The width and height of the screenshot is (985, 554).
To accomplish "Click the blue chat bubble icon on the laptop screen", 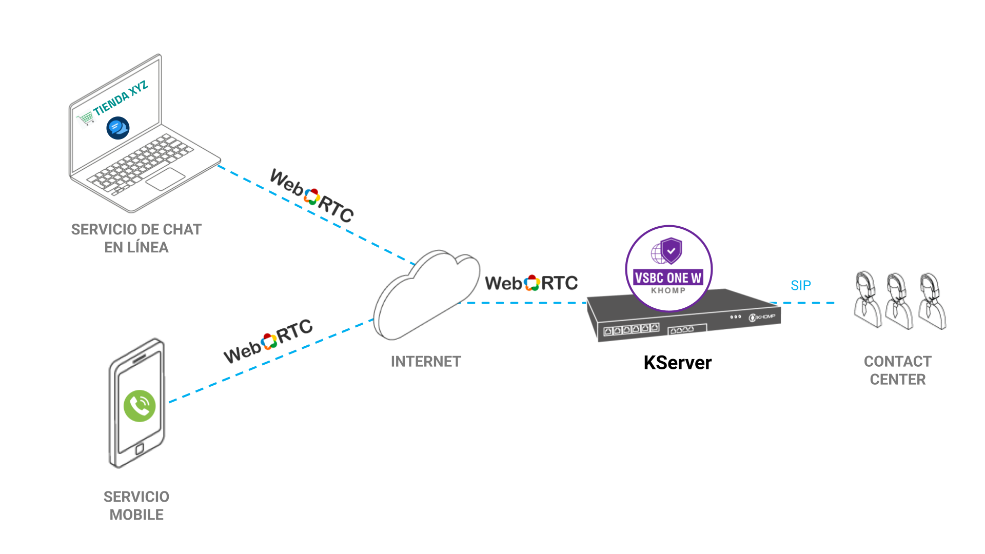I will [118, 128].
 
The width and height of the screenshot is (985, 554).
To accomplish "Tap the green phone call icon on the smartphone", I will [140, 406].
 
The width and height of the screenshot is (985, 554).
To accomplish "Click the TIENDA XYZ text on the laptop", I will [121, 97].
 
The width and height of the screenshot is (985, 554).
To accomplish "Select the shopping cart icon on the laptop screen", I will [86, 118].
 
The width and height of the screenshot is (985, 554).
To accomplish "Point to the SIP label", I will [800, 286].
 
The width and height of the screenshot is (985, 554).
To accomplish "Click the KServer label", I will [677, 363].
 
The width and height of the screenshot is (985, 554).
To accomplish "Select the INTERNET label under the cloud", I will [426, 362].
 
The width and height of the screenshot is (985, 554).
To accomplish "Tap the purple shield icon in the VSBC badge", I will [671, 250].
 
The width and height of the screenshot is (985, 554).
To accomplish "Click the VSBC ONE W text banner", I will [668, 278].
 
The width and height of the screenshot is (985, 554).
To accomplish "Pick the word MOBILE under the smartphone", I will [136, 515].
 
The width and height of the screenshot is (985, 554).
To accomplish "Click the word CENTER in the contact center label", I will [898, 380].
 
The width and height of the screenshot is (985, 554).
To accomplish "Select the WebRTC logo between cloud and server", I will [531, 283].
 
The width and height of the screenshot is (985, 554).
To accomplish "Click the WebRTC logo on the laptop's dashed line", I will [312, 196].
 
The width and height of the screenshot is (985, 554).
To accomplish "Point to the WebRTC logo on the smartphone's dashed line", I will [268, 341].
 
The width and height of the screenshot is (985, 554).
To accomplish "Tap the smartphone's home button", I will [139, 449].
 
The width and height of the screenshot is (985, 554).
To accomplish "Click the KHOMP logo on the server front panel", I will [762, 317].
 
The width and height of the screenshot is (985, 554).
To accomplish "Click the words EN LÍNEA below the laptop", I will [136, 247].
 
